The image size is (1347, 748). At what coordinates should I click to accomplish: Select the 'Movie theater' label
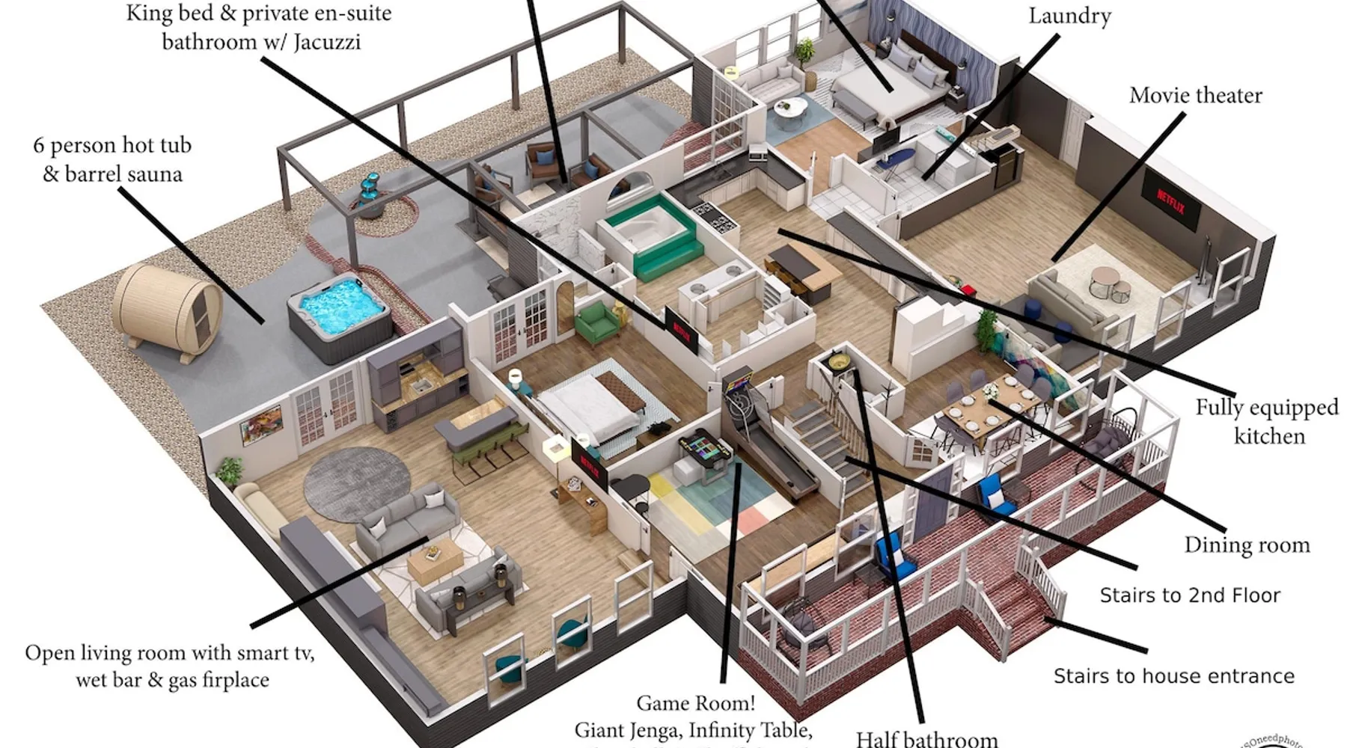coord(1195,96)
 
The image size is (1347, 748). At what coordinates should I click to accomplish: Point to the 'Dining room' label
coord(1247,545)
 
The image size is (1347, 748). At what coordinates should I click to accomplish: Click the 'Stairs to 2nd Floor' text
coord(1190,595)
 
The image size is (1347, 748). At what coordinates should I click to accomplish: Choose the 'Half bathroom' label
coord(926,738)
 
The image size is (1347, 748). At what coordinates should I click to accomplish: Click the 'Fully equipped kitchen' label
coord(1267,421)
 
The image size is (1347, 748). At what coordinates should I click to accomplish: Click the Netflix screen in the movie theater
coord(1170,201)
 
